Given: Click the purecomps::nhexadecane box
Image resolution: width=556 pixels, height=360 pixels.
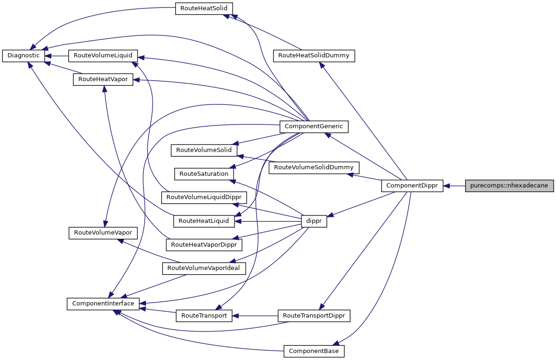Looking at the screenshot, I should pos(509,186).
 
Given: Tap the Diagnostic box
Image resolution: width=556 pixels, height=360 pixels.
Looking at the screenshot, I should pos(24,55).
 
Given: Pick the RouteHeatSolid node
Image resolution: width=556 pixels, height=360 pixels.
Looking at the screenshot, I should pos(204,9).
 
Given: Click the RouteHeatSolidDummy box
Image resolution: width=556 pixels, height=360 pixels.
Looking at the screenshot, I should pos(314,55).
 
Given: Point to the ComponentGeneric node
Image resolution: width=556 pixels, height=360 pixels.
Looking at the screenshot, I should pos(313,126).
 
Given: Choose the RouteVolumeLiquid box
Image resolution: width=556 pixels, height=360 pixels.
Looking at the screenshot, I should pos(103,55).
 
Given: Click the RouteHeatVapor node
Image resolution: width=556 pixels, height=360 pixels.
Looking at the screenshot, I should pos(103,79).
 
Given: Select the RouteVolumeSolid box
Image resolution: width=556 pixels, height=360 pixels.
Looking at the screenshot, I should pos(204,150).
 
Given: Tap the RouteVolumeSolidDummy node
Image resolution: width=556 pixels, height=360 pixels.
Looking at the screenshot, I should pos(313,167).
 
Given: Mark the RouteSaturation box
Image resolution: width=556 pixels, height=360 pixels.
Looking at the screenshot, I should pos(204,173).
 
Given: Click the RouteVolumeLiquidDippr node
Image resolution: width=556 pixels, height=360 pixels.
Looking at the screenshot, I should pos(204,197).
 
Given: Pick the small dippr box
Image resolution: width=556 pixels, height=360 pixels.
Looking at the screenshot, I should pos(314,222).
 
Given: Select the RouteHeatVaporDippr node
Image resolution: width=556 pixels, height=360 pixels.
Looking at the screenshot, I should pos(204,244).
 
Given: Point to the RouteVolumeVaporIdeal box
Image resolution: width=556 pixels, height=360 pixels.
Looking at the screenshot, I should pos(204,268).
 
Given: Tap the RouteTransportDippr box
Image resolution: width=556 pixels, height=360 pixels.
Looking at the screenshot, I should pos(313,316).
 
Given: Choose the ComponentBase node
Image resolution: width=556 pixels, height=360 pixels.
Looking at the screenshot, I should pos(314,351).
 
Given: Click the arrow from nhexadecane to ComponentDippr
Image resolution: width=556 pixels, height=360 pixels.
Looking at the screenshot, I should pos(454,186).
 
